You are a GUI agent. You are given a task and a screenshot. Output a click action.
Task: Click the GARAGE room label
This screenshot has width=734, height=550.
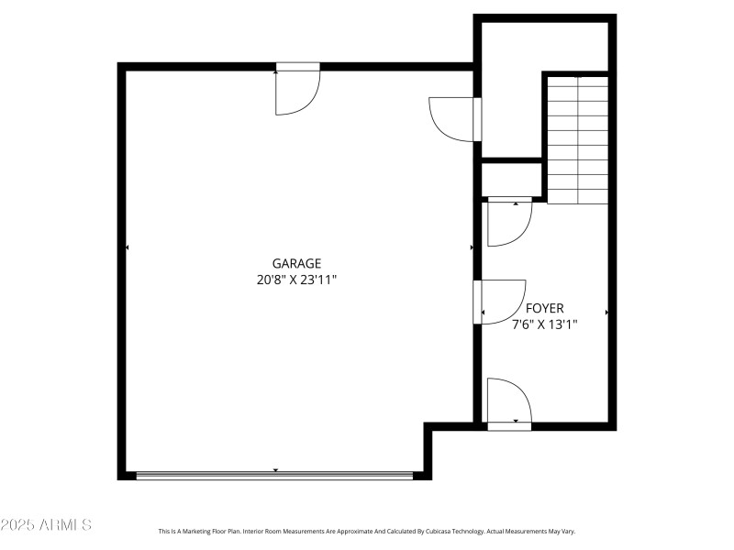[296, 263]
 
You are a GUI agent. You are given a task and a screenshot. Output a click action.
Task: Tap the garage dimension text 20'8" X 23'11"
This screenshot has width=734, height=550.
[296, 280]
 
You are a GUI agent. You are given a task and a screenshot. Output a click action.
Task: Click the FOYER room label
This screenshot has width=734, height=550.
[544, 308]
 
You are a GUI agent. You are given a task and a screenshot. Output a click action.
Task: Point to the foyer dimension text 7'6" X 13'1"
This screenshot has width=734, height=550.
[544, 324]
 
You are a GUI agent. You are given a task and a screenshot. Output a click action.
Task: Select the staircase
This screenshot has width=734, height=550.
[578, 139]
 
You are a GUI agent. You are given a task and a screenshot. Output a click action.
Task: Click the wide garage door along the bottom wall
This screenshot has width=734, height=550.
[275, 475]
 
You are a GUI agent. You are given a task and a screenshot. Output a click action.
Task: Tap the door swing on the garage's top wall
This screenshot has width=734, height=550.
[297, 90]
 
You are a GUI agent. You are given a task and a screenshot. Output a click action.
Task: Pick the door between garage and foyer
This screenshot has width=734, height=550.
[500, 302]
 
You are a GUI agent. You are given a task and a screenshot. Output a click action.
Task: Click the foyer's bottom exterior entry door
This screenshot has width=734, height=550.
[509, 403]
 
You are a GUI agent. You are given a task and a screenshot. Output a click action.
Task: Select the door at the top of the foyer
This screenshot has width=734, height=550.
[509, 222]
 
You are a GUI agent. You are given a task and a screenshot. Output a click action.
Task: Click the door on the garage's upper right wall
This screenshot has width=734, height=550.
[454, 118]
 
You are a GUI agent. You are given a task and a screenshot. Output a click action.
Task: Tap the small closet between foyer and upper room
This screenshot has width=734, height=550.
[512, 179]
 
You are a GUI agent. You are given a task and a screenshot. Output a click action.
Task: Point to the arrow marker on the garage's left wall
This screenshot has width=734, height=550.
[127, 247]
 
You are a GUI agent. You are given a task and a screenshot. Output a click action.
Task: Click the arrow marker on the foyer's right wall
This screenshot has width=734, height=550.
[606, 313]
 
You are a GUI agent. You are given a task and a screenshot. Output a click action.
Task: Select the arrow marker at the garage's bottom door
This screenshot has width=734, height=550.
[275, 470]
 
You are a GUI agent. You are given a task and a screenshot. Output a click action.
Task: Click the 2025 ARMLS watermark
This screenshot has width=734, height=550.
[46, 525]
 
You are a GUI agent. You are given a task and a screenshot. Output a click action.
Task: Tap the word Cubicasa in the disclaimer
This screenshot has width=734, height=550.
[427, 532]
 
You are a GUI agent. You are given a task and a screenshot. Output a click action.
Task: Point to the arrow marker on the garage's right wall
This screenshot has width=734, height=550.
[472, 247]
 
